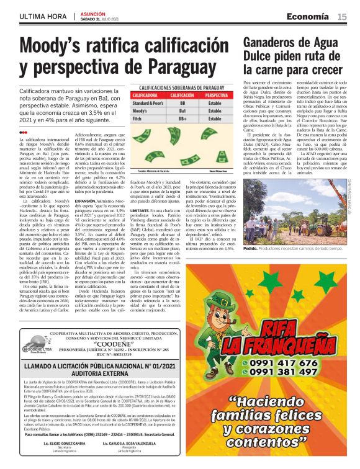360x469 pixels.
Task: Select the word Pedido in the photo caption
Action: pyautogui.click(x=251, y=248)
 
